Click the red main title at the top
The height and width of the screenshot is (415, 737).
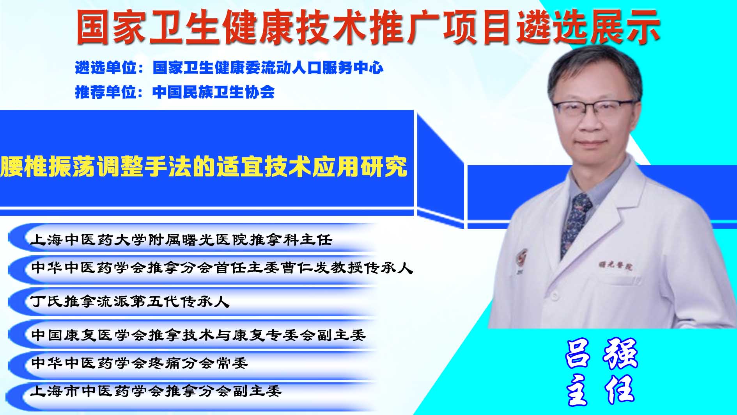[368, 27]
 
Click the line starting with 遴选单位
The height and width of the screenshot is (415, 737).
[229, 68]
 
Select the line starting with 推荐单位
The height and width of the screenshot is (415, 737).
[175, 92]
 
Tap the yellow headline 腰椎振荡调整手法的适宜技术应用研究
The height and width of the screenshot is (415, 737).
[204, 167]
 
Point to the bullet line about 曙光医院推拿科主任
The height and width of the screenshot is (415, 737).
[181, 239]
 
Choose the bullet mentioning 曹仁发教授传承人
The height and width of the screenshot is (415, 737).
[221, 268]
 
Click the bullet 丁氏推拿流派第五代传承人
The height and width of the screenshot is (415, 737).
[130, 301]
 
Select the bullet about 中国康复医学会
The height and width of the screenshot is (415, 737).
[198, 335]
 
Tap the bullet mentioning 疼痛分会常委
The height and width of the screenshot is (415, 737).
[139, 363]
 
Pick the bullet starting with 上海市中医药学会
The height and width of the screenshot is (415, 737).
[156, 390]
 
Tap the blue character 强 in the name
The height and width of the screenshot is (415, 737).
[620, 353]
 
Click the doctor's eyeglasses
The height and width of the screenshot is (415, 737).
[592, 108]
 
